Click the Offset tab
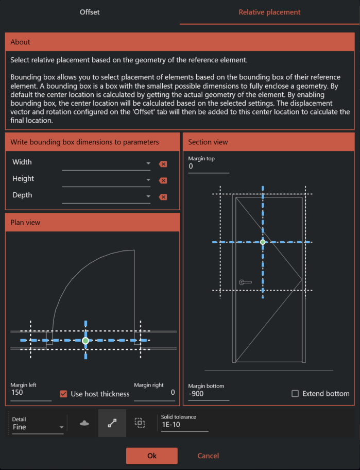click(x=90, y=12)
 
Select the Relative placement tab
click(x=269, y=12)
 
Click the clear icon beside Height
click(x=163, y=180)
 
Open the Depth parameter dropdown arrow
click(x=148, y=197)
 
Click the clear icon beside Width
click(x=163, y=164)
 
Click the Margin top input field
click(x=209, y=166)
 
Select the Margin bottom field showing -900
click(x=209, y=394)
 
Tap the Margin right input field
click(x=155, y=393)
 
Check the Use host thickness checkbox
click(x=64, y=394)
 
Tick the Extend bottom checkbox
click(x=295, y=394)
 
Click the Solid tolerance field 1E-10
click(x=184, y=426)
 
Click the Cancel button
click(x=208, y=456)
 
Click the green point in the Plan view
click(x=85, y=341)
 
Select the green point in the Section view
click(x=263, y=242)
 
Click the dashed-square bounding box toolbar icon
click(x=140, y=423)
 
